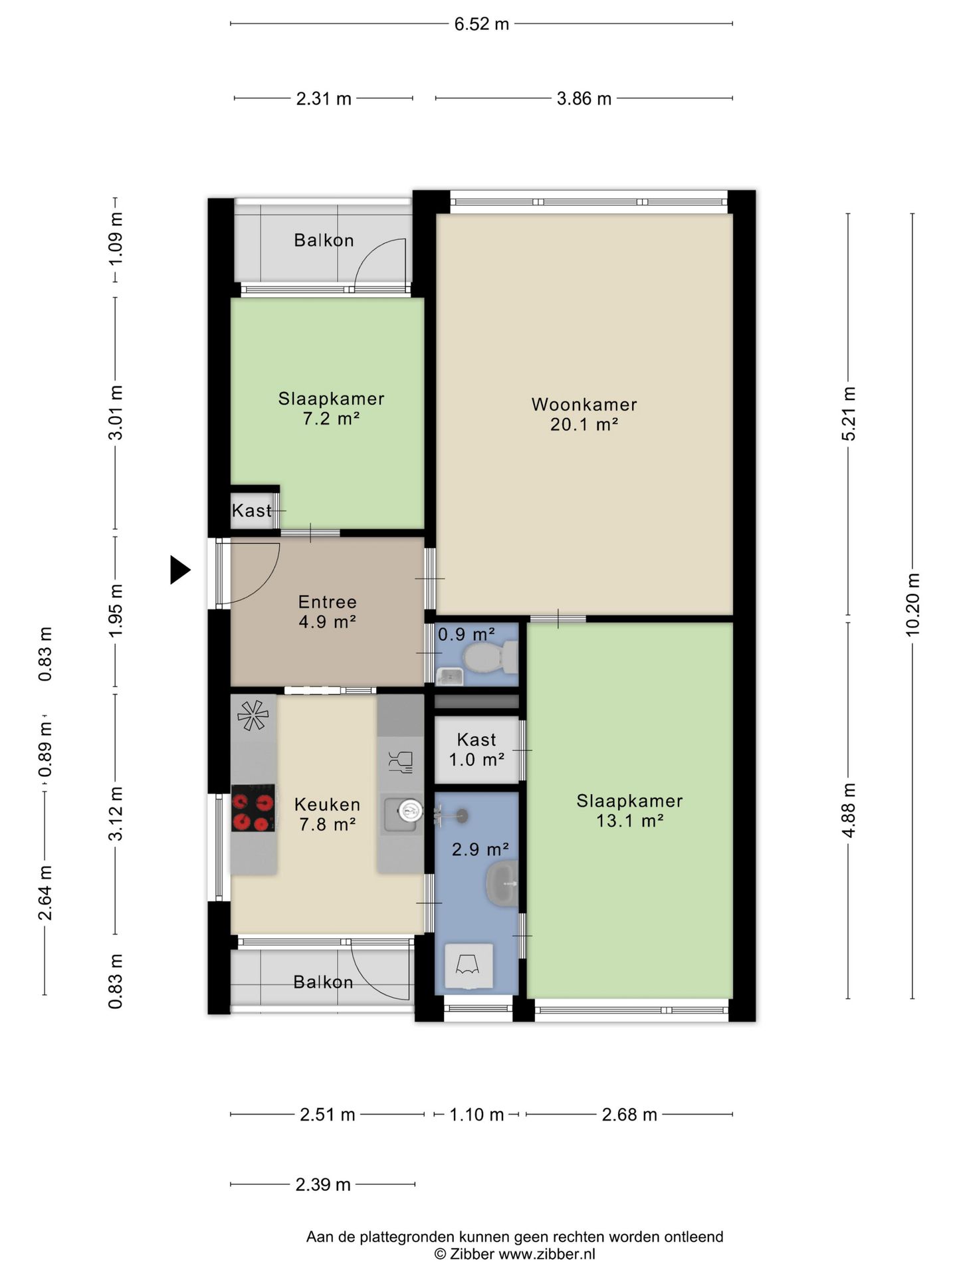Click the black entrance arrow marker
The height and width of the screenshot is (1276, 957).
(179, 570)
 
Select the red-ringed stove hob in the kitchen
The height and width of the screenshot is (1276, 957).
(253, 808)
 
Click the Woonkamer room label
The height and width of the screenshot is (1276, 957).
(584, 404)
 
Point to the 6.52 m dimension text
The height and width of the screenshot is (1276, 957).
(482, 24)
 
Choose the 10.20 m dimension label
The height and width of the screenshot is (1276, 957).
(912, 604)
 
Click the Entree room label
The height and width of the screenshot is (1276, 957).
(328, 602)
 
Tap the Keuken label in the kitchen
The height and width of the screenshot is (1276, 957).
(328, 804)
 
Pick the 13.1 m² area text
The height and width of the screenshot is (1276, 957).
(630, 821)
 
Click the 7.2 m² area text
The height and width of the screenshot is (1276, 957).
(331, 419)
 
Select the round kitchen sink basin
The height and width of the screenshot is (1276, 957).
(409, 809)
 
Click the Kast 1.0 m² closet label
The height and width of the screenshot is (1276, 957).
(477, 749)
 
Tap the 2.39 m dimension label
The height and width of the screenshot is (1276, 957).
(323, 1184)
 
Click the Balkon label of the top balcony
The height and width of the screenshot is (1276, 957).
(324, 240)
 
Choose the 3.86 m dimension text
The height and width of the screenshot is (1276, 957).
(584, 98)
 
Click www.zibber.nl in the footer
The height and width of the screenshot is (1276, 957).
(547, 1254)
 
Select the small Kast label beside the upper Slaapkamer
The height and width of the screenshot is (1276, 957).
(252, 510)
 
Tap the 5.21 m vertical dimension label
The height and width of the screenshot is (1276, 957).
(849, 413)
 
